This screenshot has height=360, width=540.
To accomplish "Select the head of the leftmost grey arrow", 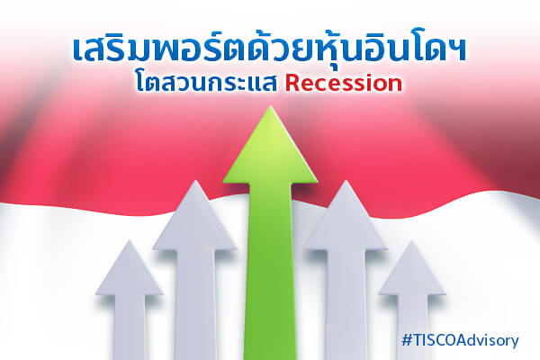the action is (129, 270).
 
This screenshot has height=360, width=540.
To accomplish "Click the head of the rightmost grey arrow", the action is (412, 270).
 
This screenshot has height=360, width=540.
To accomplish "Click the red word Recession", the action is (344, 84).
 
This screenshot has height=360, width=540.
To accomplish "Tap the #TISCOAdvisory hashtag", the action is (460, 340).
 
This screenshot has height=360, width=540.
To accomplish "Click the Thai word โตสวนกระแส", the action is (206, 83).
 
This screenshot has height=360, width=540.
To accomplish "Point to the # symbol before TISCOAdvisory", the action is (407, 340).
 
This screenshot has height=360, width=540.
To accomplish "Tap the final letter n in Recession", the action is (396, 85).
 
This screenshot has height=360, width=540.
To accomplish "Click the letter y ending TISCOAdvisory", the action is (515, 342).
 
